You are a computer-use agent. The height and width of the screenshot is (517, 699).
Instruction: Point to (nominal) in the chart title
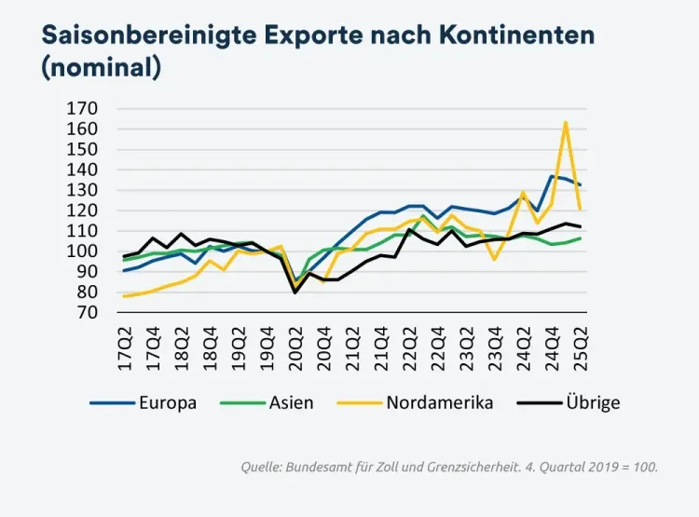click(102, 68)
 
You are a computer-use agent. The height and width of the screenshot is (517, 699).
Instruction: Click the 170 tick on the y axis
click(81, 108)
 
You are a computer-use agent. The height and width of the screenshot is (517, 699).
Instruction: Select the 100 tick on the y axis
click(81, 252)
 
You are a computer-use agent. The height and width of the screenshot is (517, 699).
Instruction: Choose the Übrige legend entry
click(593, 403)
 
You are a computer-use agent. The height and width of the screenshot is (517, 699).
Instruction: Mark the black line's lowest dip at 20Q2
click(296, 293)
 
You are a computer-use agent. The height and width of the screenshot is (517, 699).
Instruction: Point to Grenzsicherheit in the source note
click(499, 467)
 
